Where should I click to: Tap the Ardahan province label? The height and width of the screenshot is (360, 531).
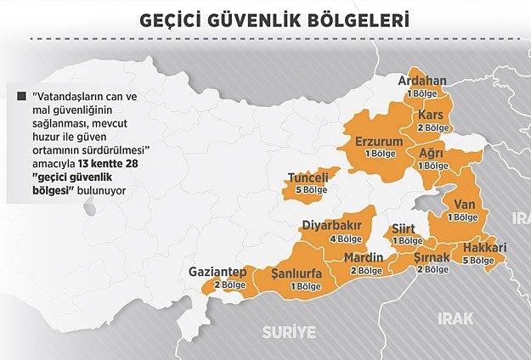[x=423, y=81]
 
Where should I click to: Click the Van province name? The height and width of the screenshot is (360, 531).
[x=466, y=204]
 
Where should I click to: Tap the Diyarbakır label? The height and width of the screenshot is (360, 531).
[x=332, y=226]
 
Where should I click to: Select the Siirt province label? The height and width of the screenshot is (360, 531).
[x=404, y=229]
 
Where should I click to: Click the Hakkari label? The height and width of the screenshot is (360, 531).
[x=485, y=248]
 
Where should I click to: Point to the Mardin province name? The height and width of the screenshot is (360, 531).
[x=364, y=258]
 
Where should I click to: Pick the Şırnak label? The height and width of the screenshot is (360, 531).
[x=431, y=256]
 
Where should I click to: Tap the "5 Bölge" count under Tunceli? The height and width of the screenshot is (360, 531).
[x=310, y=190]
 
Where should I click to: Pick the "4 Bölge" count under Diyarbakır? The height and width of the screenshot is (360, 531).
[x=335, y=239]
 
